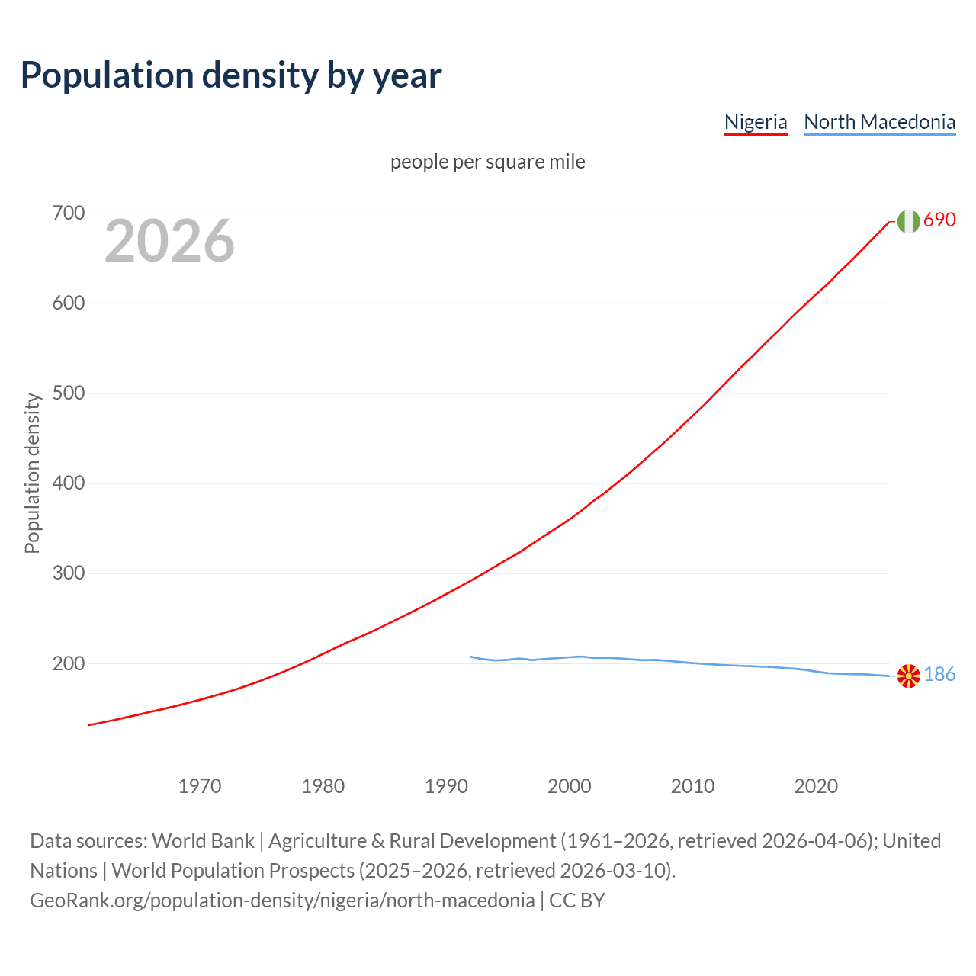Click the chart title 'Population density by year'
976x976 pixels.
coord(231,75)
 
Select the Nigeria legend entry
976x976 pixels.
coord(755,122)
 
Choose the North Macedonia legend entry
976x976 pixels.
coord(879,122)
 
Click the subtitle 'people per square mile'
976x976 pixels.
coord(488,162)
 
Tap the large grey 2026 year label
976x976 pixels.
coord(169,241)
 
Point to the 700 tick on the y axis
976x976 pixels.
coord(68,213)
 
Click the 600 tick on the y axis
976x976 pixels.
coord(68,303)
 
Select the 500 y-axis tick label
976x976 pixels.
coord(68,393)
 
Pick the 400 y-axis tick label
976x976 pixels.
coord(68,483)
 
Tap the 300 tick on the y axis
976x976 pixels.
coord(68,573)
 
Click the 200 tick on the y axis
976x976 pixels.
coord(68,663)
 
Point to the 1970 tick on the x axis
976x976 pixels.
coord(200,786)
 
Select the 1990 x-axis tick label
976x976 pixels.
coord(446,786)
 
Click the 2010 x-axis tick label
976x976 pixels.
coord(692,786)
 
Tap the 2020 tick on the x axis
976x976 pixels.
coord(816,786)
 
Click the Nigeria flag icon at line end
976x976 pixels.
coord(908,221)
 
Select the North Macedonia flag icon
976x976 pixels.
coord(908,676)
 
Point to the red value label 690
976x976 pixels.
coord(939,220)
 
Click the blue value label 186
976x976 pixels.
coord(939,675)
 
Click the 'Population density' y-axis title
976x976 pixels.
coord(32,473)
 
